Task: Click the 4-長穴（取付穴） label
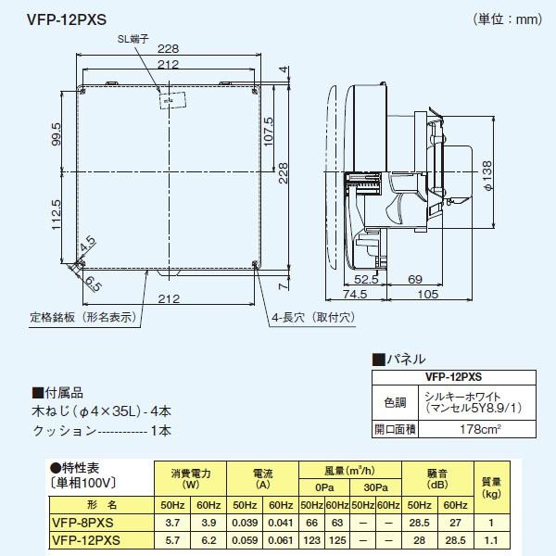311,317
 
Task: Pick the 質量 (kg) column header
492,488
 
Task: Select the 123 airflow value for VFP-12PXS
309,538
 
